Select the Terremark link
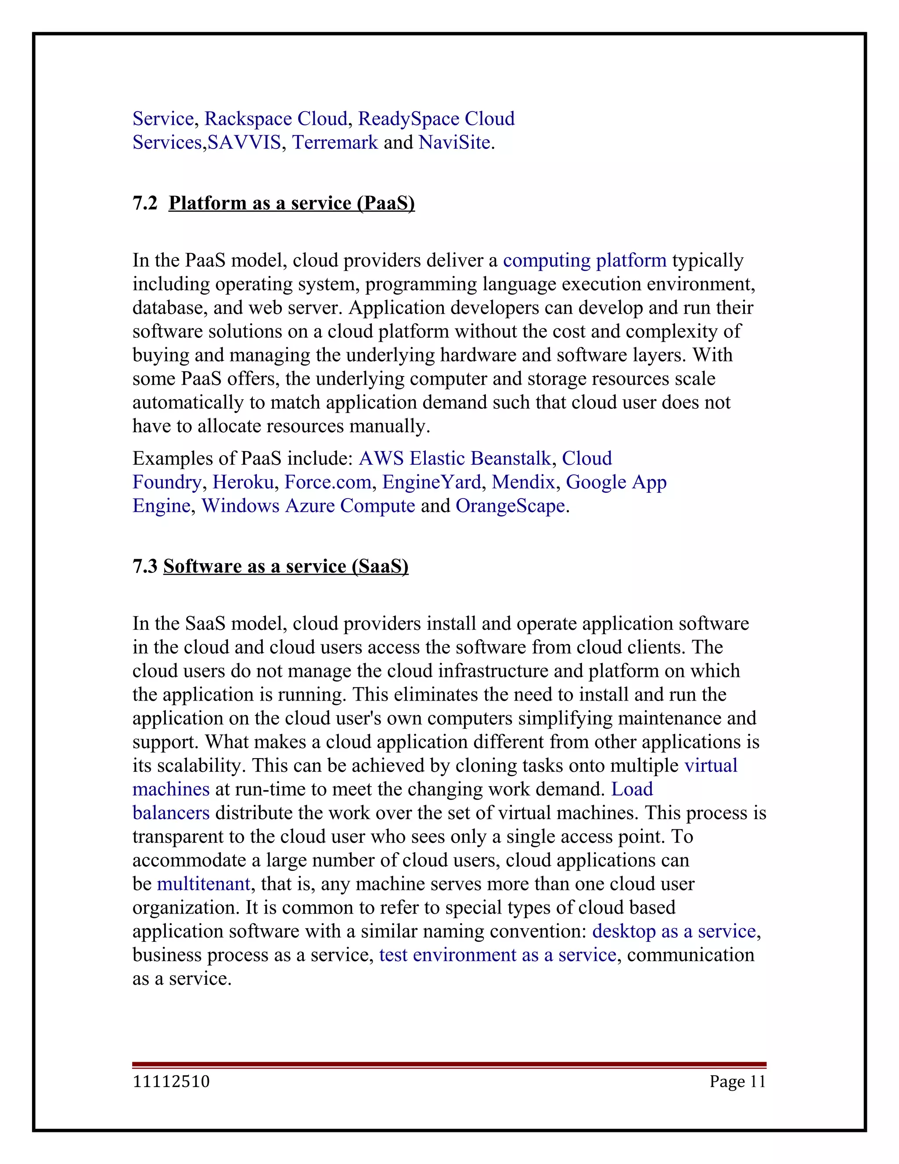click(335, 142)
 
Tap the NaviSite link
click(454, 142)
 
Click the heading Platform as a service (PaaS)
click(291, 203)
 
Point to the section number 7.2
click(145, 203)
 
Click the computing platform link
click(584, 260)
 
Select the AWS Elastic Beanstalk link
click(455, 458)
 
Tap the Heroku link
click(243, 482)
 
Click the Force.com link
click(327, 482)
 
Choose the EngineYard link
click(432, 482)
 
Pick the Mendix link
click(523, 482)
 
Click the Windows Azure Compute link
click(308, 506)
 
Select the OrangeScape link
click(510, 506)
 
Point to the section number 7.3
click(145, 566)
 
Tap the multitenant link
click(203, 884)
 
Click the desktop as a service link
click(674, 931)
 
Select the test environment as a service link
click(497, 955)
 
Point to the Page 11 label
click(737, 1081)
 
